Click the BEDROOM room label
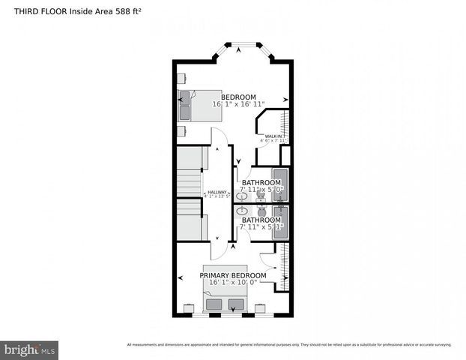coord(238,97)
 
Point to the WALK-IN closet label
coord(273,136)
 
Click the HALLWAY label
coord(217,192)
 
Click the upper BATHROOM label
coord(261,182)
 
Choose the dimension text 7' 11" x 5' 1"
coord(261,227)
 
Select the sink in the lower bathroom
coord(242,211)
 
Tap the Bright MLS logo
coord(30,349)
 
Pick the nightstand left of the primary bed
coord(190,307)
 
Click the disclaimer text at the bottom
coord(288,345)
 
